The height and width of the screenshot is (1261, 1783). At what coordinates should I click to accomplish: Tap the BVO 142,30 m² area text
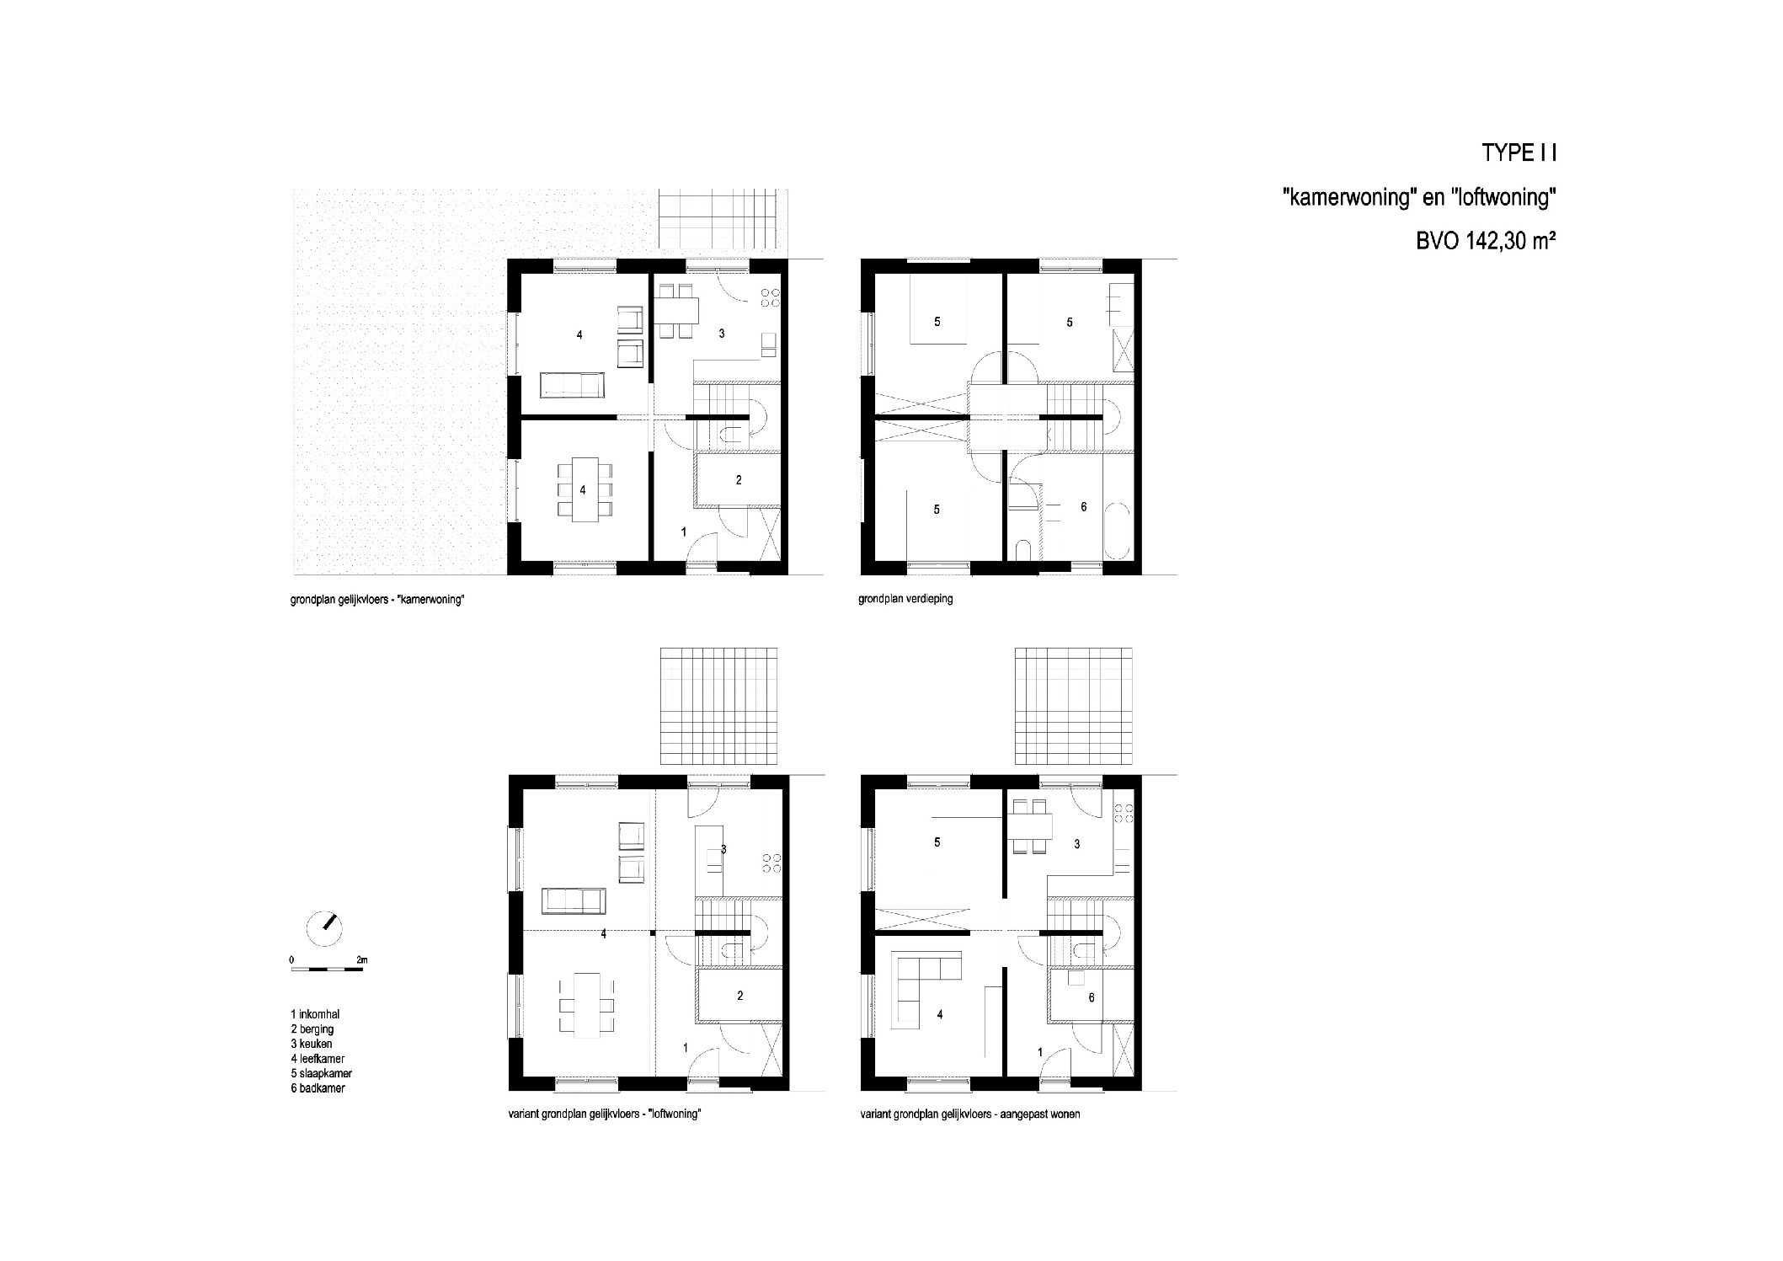pyautogui.click(x=1485, y=242)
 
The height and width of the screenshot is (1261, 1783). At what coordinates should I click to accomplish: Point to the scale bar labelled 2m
pyautogui.click(x=327, y=970)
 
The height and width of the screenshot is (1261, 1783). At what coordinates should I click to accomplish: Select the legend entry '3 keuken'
pyautogui.click(x=312, y=1045)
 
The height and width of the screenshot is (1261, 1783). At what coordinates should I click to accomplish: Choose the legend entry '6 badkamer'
pyautogui.click(x=318, y=1088)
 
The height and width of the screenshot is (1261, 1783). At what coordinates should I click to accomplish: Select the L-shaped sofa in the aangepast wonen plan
pyautogui.click(x=924, y=987)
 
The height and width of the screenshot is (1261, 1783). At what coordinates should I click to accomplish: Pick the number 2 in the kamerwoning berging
pyautogui.click(x=739, y=480)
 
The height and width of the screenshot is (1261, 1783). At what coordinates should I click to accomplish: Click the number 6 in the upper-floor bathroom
pyautogui.click(x=1084, y=507)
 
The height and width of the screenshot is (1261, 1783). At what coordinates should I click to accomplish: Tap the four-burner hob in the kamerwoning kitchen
pyautogui.click(x=769, y=297)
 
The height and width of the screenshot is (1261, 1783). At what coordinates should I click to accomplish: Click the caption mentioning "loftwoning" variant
pyautogui.click(x=606, y=1114)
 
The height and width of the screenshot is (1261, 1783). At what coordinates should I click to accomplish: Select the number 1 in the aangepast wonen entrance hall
pyautogui.click(x=1040, y=1052)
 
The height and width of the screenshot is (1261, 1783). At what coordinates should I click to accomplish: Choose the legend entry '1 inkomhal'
pyautogui.click(x=315, y=1015)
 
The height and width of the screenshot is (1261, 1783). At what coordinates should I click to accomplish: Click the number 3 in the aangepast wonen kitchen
pyautogui.click(x=1077, y=844)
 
